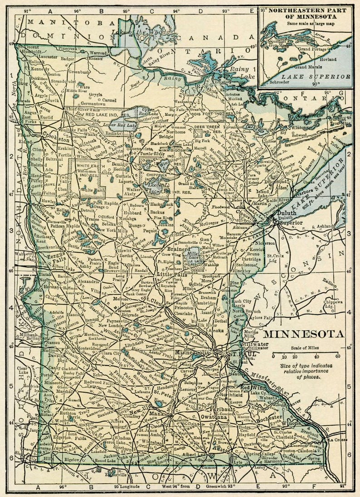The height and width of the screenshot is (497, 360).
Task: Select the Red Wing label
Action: click(251, 388)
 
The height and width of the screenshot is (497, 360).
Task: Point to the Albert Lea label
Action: click(193, 454)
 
